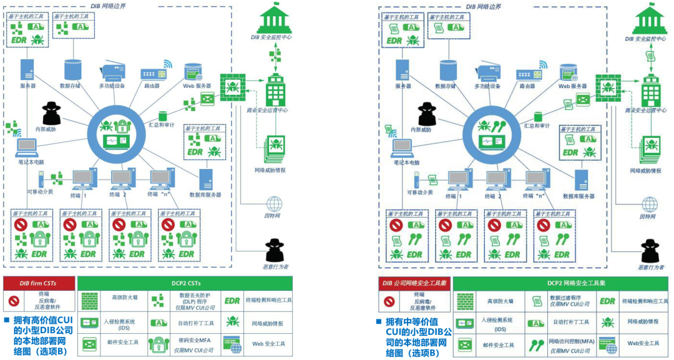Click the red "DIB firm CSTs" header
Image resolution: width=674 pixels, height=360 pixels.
[38, 283]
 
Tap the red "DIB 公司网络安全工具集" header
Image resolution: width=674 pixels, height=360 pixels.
[415, 283]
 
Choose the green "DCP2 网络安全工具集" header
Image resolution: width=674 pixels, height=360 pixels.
[562, 283]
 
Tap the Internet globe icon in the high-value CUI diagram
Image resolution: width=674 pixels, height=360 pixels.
[274, 204]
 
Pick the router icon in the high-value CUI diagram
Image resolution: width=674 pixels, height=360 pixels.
[153, 74]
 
